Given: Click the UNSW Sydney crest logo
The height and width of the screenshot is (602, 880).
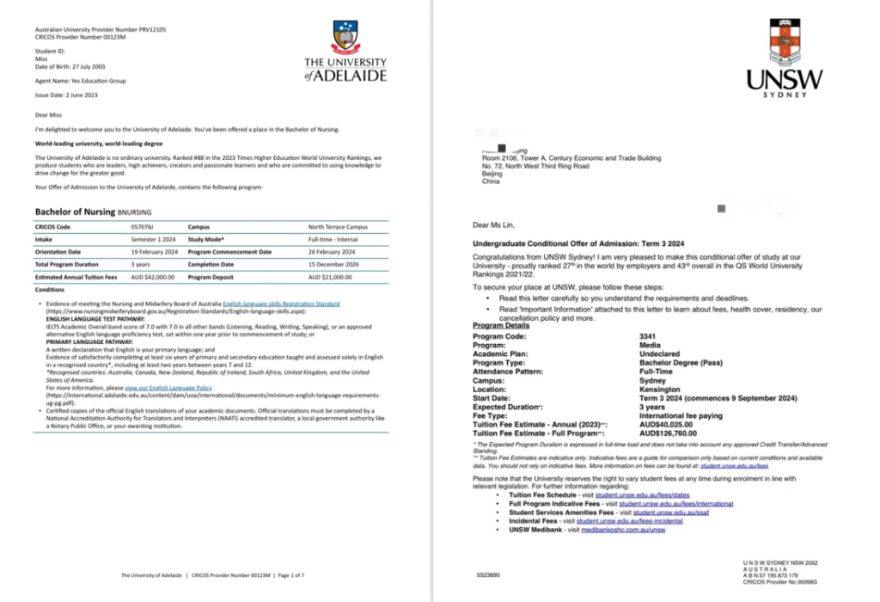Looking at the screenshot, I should coord(784,42).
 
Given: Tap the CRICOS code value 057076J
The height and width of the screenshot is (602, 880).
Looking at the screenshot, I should coord(143,227).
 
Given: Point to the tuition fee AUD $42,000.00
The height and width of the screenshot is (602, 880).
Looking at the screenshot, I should coord(153,277).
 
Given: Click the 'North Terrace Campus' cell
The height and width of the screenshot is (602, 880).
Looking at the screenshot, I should coord(338,227).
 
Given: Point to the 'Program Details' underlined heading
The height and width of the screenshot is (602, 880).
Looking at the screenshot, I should coord(501,326).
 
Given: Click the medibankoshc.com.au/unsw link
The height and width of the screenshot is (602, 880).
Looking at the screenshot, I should coord(624,530).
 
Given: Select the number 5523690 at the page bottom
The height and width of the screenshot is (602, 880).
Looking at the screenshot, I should coord(490,572).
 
